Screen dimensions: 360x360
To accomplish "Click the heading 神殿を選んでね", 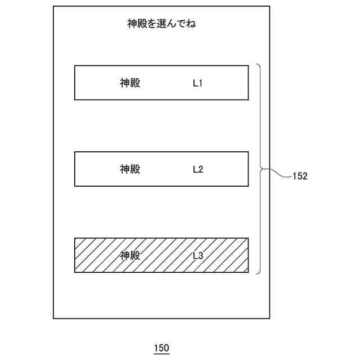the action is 161,24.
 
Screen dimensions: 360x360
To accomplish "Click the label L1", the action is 197,83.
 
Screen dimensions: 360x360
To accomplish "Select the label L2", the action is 197,169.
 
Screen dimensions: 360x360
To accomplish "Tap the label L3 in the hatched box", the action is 197,255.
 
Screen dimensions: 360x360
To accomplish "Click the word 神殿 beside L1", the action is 130,83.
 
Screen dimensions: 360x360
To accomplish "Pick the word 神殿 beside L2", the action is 130,169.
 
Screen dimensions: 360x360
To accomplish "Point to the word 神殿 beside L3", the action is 130,255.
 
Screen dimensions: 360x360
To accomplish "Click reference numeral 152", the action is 300,176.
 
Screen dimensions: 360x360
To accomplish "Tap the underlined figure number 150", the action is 161,348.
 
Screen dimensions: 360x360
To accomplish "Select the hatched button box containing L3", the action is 161,265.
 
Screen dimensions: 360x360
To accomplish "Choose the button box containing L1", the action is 161,93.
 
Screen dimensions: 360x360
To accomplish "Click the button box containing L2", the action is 161,179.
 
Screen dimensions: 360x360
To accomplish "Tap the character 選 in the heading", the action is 161,24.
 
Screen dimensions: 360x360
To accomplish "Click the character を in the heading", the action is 150,24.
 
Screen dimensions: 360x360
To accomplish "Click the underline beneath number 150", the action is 161,354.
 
